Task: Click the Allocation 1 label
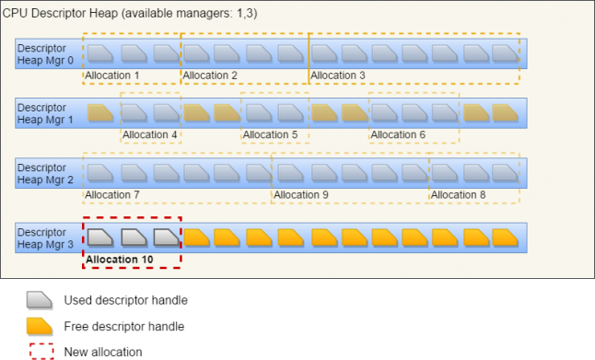pos(113,75)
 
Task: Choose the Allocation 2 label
pos(210,75)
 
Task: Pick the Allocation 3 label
pos(338,75)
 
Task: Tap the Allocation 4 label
pos(150,135)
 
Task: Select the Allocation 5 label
pos(271,135)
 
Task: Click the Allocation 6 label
pos(399,135)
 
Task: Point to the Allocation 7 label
pos(112,195)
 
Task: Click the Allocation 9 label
pos(301,195)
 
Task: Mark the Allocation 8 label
pos(459,195)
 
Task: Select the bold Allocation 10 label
pos(120,260)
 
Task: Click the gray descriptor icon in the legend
pos(40,298)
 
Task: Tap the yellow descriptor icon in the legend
pos(40,324)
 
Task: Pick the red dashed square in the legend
pos(41,350)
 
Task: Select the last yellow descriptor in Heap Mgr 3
pos(505,237)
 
